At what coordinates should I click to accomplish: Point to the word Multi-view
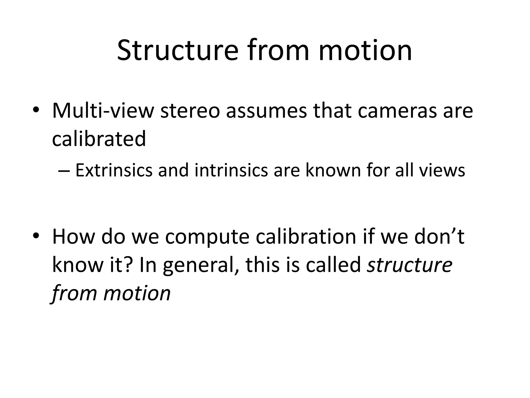[x=103, y=111]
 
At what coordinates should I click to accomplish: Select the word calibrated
[x=99, y=139]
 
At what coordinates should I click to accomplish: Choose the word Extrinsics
[x=114, y=170]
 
